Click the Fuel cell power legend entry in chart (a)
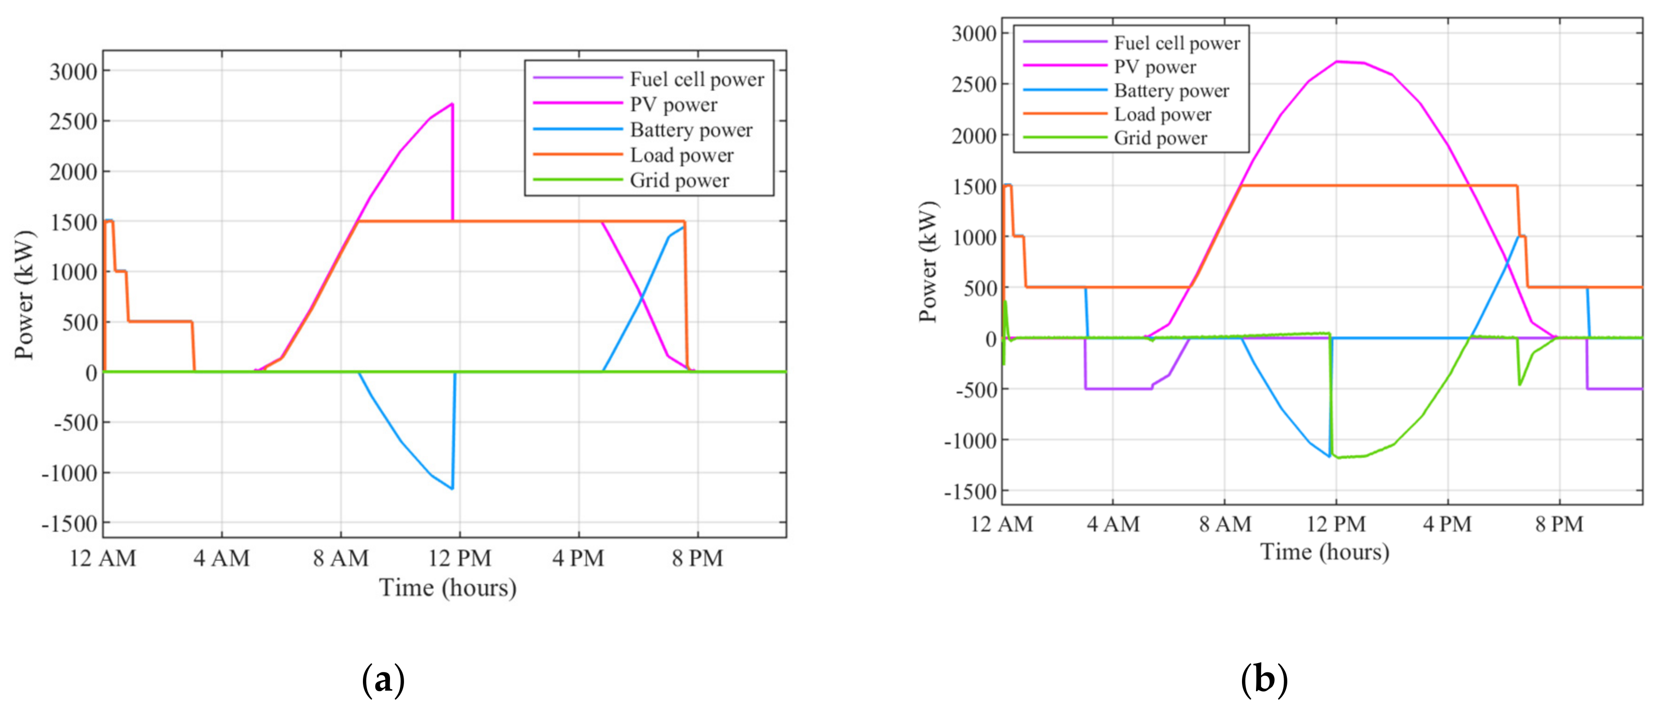[x=696, y=79]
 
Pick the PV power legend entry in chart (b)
[x=1155, y=67]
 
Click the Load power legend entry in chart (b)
[x=1163, y=115]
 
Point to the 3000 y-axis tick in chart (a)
[x=73, y=71]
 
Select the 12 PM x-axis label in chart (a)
[x=460, y=558]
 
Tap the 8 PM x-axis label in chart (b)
[x=1559, y=524]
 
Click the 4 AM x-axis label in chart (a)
[x=222, y=558]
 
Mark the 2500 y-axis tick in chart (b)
[x=973, y=85]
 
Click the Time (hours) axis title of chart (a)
[x=447, y=587]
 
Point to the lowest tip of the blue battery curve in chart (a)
[x=452, y=488]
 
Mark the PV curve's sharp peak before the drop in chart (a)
[x=452, y=104]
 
